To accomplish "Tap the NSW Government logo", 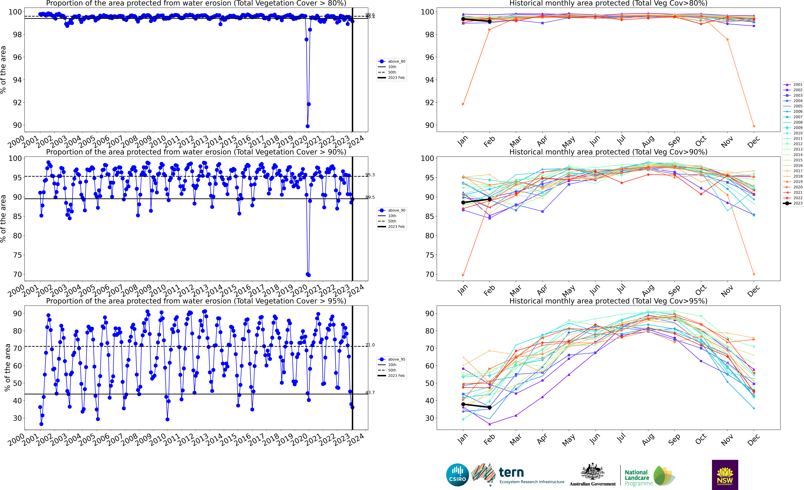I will (725, 475).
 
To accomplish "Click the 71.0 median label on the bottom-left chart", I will (370, 345).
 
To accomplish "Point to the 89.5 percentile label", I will (370, 197).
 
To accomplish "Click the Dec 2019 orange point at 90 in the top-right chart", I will (754, 126).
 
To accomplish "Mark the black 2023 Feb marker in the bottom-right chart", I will (489, 407).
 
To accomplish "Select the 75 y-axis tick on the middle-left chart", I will (17, 255).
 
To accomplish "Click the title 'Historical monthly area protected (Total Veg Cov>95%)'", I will (608, 301).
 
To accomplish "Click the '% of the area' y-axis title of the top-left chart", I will (3, 70).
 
